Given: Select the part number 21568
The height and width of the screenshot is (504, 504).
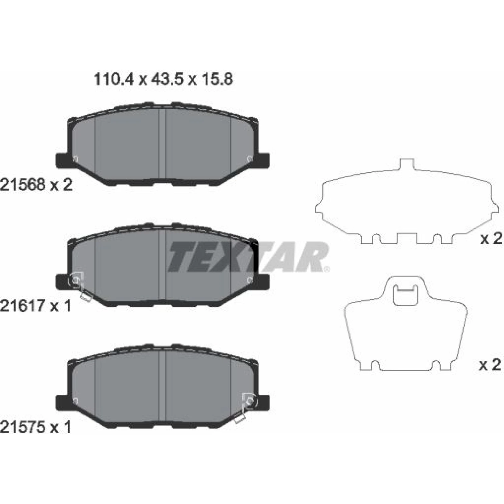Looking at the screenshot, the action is (x=23, y=185).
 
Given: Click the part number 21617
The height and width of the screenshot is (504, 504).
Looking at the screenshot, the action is (x=23, y=306).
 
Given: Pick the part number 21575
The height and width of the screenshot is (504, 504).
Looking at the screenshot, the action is (x=23, y=427).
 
